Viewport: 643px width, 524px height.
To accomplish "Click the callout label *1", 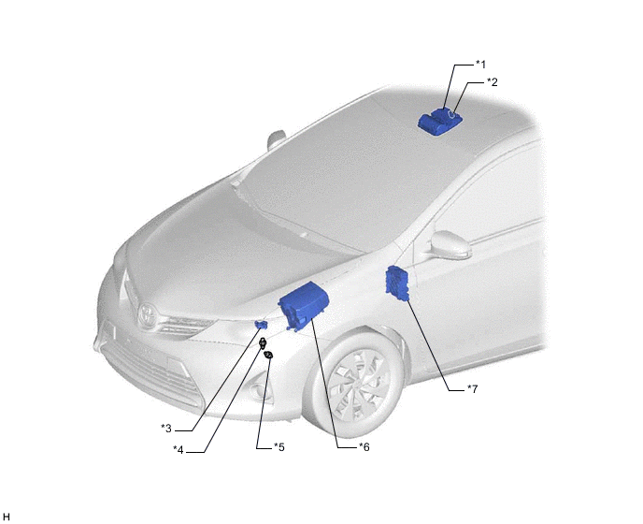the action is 480,65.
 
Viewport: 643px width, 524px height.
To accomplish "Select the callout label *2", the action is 493,82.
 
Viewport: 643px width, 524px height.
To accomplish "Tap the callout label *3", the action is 166,429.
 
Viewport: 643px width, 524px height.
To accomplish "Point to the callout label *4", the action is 179,450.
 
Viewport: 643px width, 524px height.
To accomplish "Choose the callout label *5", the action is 279,446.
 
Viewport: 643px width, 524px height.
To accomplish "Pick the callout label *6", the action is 364,446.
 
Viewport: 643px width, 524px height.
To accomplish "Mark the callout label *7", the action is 473,388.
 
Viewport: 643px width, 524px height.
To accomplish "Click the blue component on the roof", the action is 439,121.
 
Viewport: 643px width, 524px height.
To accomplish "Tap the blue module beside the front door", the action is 398,284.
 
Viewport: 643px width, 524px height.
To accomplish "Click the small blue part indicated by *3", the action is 262,325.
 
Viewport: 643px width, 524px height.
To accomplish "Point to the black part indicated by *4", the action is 263,342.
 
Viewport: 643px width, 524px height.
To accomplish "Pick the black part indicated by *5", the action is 269,355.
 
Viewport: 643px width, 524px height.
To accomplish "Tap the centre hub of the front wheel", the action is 358,384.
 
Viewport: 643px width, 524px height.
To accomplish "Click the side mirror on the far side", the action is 276,139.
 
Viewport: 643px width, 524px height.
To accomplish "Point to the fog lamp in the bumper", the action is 259,388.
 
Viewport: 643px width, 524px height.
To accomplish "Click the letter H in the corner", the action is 6,517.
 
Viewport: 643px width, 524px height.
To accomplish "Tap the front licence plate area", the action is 109,329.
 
